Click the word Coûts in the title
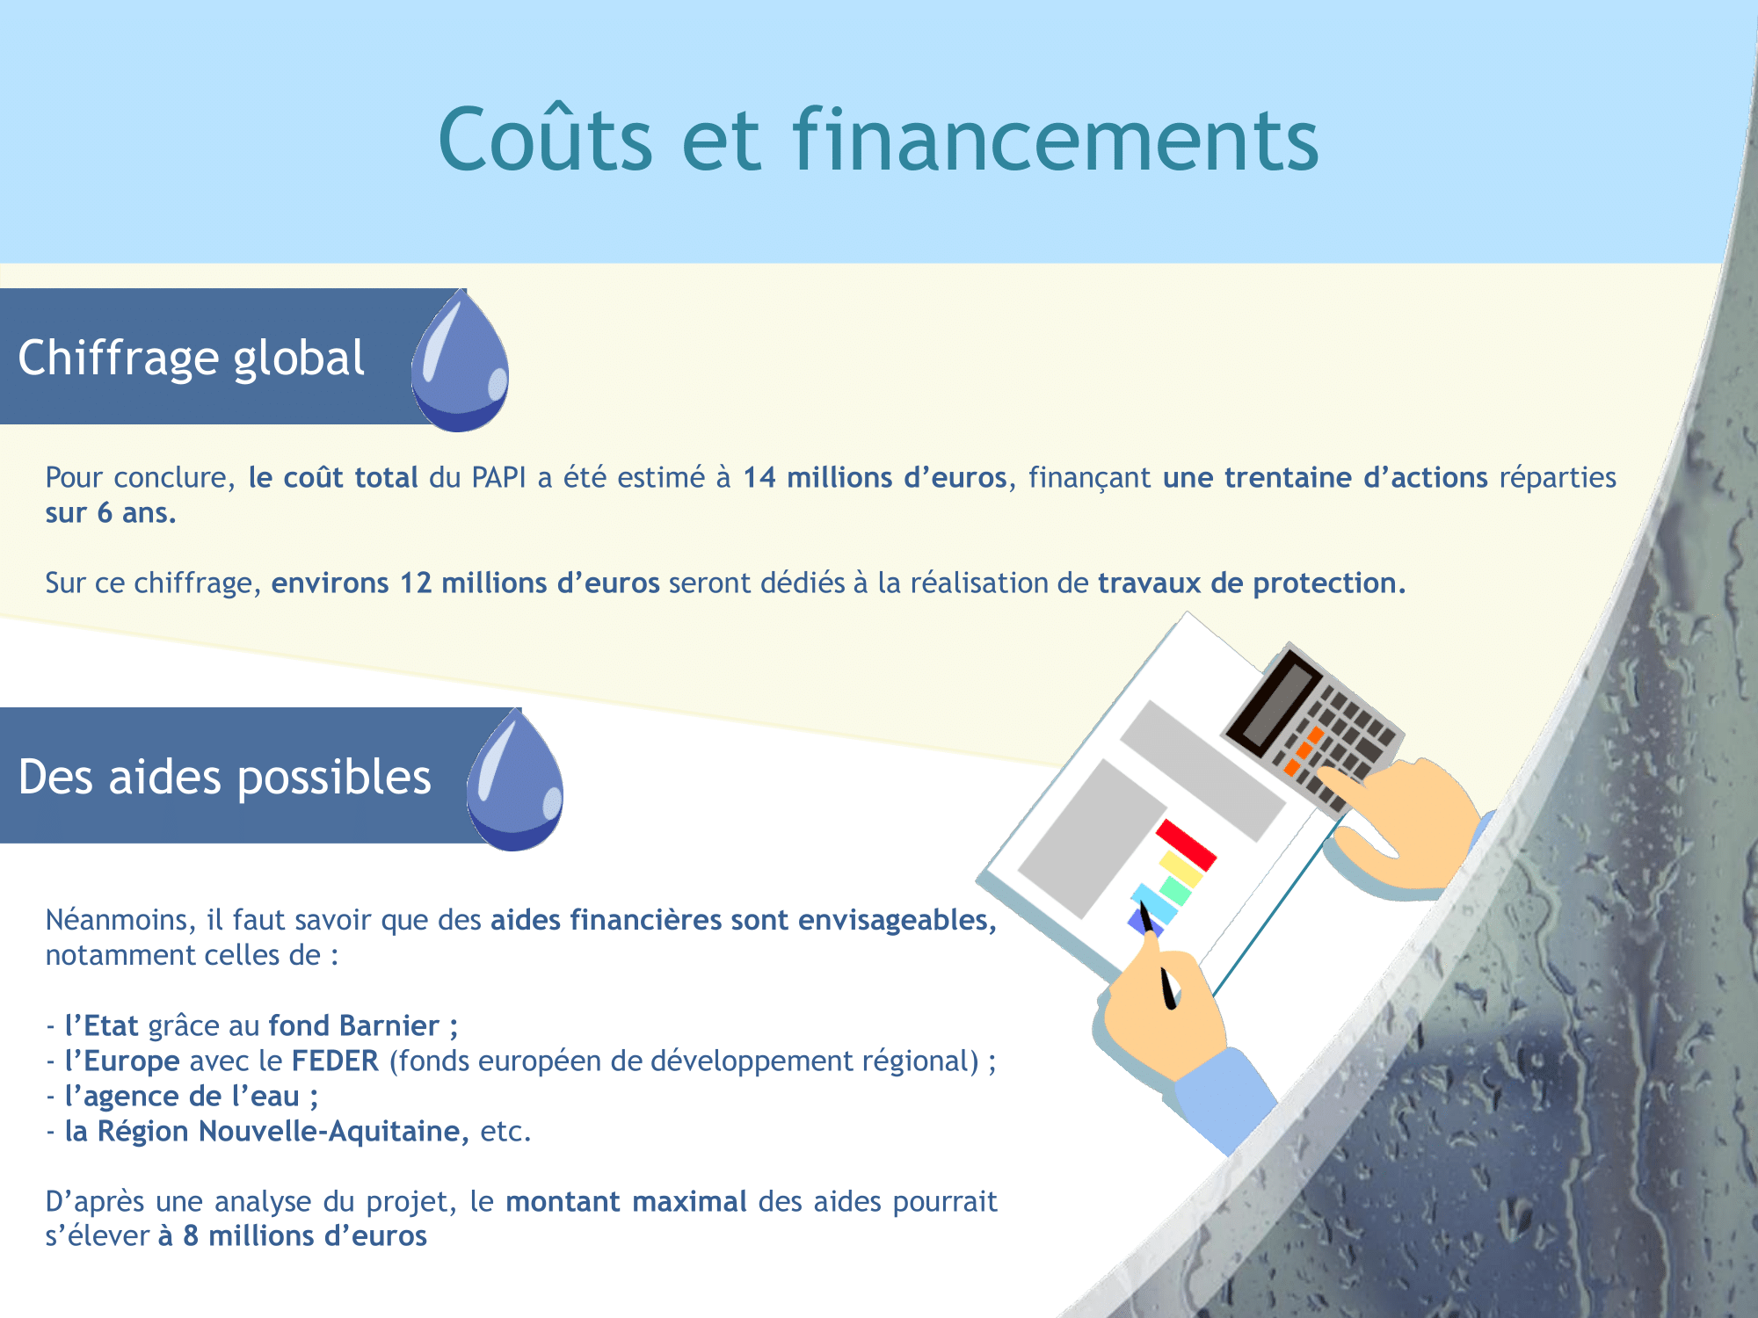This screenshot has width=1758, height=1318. (546, 139)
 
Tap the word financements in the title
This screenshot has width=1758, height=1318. (1056, 139)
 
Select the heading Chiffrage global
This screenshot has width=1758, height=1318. (191, 358)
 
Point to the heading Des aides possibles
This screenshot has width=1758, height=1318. (224, 778)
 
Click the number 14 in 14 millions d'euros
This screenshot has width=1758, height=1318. (759, 478)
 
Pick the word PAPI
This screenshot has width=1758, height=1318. (498, 478)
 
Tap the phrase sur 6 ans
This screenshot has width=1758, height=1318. (111, 513)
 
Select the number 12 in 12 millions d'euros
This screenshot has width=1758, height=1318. (416, 583)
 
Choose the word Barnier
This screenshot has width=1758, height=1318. (389, 1026)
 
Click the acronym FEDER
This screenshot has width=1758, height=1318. (335, 1061)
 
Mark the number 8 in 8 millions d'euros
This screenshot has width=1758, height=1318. (191, 1236)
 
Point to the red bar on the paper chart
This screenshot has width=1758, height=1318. (1186, 845)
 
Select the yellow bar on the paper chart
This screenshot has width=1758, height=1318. (1180, 869)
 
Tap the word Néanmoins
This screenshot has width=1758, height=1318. (121, 920)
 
